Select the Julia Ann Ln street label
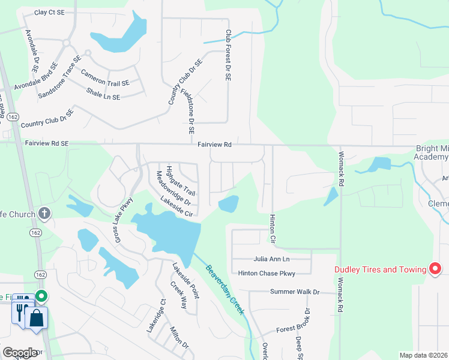coord(273,259)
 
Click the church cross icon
coord(44,213)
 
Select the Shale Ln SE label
coord(103,94)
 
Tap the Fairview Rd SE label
coord(47,144)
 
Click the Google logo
coord(20,353)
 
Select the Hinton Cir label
coord(272,229)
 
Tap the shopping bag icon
coord(36,318)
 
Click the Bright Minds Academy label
coord(432,152)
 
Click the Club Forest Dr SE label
coord(228,56)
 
